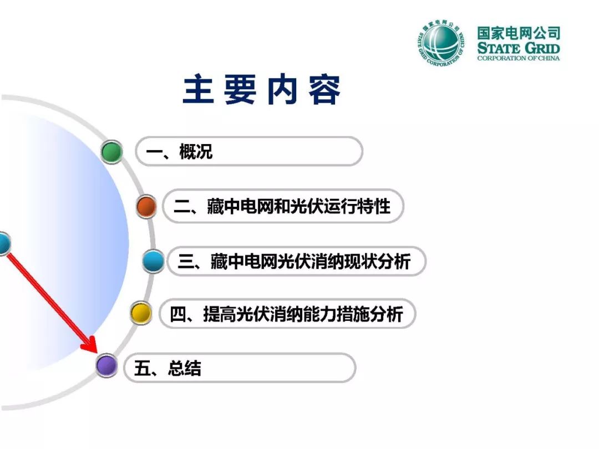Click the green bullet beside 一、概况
tap(111, 151)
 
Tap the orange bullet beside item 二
tap(146, 206)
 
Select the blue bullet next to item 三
tap(153, 261)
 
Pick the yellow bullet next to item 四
tap(141, 313)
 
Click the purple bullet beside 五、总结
tap(106, 365)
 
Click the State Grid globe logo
tap(441, 42)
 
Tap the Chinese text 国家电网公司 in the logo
tap(519, 33)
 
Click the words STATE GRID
tap(519, 48)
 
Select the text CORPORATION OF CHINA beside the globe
tap(519, 58)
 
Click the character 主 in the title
tap(198, 89)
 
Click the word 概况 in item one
tap(196, 151)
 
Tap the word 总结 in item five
tap(184, 369)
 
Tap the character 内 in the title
tap(282, 89)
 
